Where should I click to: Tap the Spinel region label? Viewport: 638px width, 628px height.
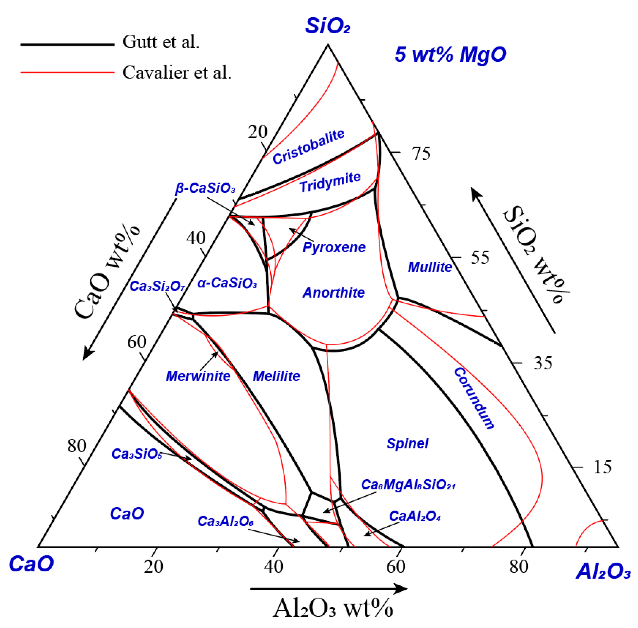(x=407, y=444)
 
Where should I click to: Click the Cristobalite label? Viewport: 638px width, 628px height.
(x=308, y=147)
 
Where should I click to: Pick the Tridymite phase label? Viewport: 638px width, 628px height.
(x=330, y=182)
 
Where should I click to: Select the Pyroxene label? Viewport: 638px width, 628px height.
(x=334, y=247)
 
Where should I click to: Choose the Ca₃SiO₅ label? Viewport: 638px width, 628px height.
(x=137, y=454)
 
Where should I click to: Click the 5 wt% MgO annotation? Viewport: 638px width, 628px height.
(x=450, y=54)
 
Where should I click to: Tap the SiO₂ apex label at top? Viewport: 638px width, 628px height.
(x=327, y=26)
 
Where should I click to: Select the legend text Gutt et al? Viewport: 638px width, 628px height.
(x=161, y=42)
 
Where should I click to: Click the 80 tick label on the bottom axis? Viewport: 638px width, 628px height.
(x=518, y=567)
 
